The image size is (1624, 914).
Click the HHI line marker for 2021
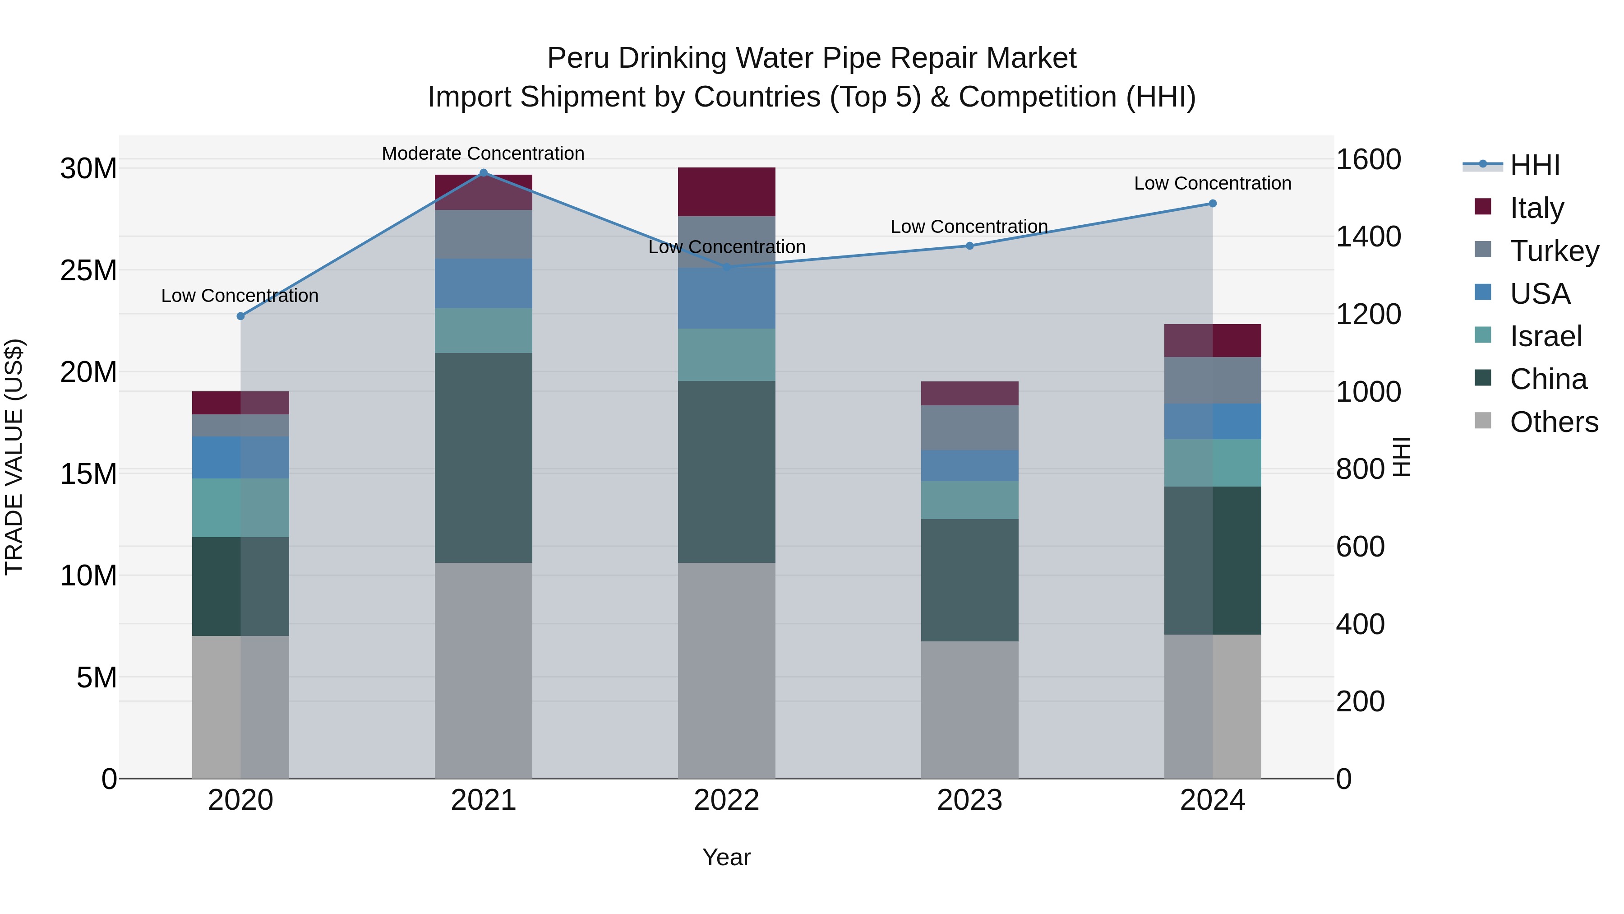click(x=484, y=173)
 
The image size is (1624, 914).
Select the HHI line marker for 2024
click(x=1212, y=204)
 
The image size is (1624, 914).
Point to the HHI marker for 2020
click(x=240, y=316)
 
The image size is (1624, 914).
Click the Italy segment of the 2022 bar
click(x=726, y=192)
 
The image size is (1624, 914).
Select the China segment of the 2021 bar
click(x=484, y=457)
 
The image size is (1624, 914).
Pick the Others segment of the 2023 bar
click(x=969, y=710)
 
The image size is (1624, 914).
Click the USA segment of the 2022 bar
click(x=726, y=298)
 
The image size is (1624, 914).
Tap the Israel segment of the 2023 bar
click(x=969, y=500)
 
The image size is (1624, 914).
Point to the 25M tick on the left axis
click(x=88, y=271)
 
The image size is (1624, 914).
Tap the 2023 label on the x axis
click(x=969, y=800)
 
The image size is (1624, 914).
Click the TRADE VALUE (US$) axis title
click(x=14, y=457)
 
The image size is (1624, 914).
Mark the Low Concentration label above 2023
click(x=969, y=227)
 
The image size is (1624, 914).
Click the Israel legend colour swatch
click(x=1483, y=335)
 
